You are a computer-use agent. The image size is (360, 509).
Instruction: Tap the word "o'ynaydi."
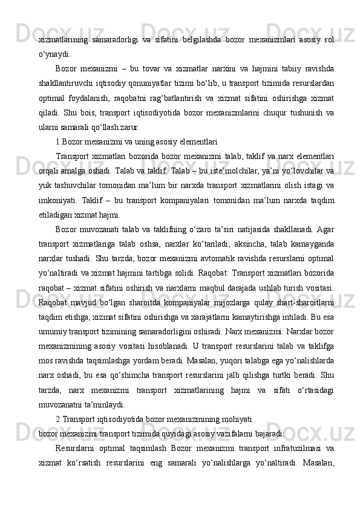coord(54,54)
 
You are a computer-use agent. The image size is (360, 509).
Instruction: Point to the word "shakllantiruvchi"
coord(68,83)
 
